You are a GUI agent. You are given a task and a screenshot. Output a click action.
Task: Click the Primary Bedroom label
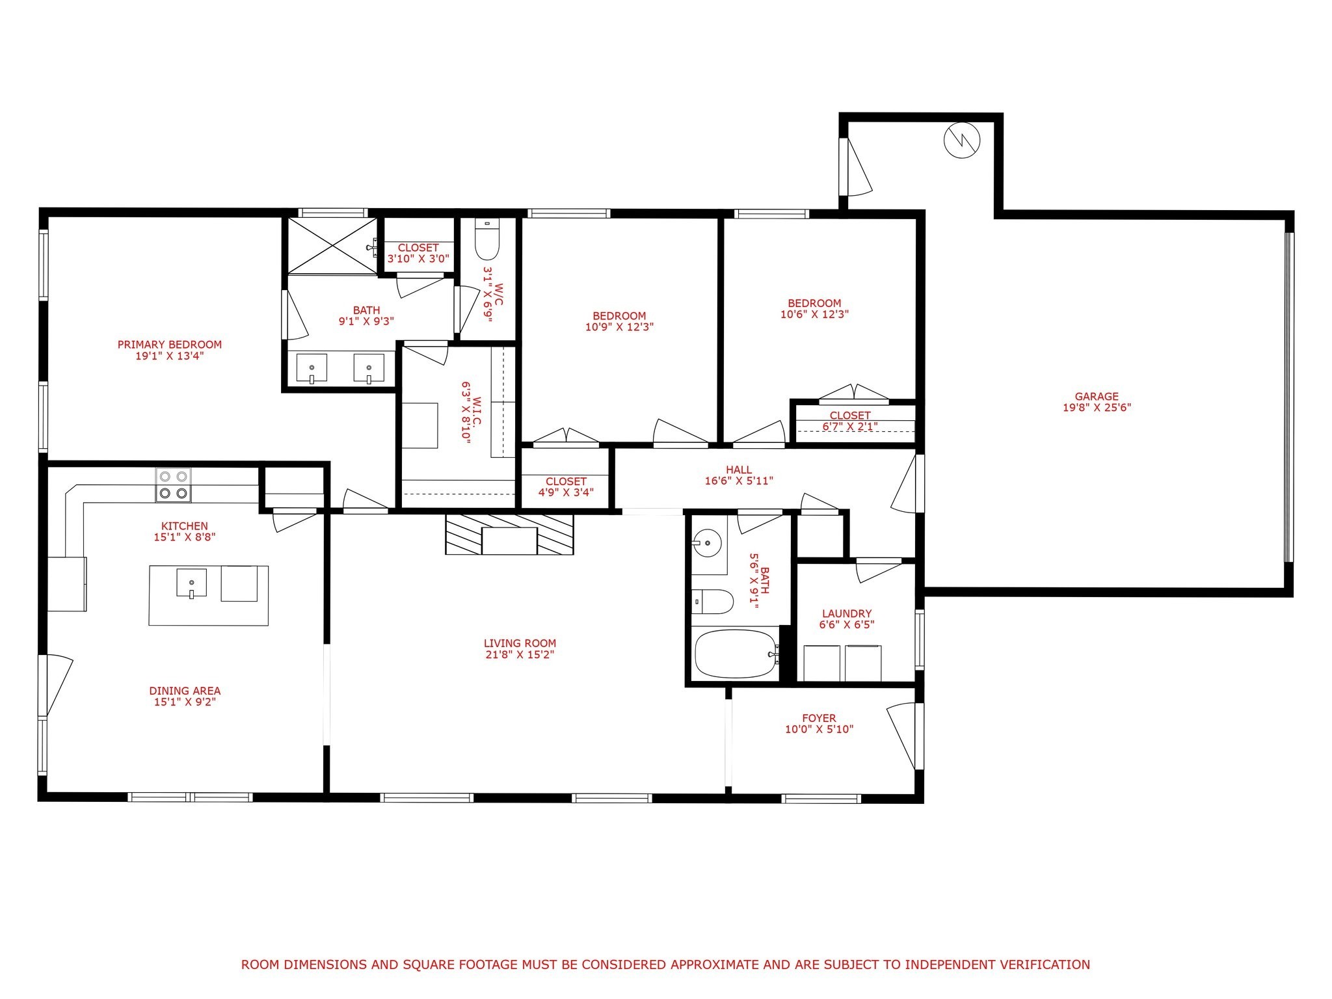[169, 345]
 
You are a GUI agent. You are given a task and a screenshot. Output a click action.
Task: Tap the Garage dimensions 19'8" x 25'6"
[1097, 408]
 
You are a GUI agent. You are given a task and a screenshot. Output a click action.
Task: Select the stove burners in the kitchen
[174, 485]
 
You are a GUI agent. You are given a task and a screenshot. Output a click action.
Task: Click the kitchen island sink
[191, 583]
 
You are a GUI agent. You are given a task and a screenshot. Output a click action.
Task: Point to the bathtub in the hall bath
[735, 654]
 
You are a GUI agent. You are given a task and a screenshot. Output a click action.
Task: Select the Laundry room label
[846, 613]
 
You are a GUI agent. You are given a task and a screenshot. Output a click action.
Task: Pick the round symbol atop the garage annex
[961, 140]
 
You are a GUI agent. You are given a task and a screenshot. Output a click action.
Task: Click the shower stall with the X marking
[332, 245]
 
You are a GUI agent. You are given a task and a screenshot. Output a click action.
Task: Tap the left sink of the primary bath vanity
[312, 369]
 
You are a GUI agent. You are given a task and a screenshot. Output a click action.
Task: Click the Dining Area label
[185, 691]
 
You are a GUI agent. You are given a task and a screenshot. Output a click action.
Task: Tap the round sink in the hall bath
[706, 540]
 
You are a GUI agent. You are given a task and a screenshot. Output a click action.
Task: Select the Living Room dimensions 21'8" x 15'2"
[520, 654]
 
